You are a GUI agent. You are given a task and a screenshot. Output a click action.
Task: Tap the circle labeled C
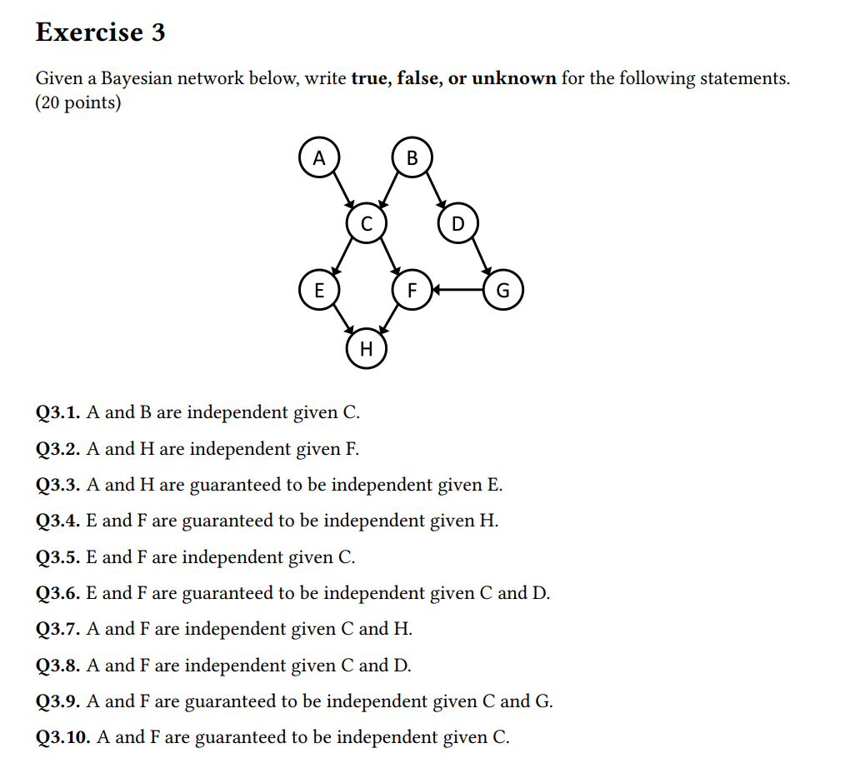point(365,223)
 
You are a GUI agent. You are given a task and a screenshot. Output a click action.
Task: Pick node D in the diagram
point(457,224)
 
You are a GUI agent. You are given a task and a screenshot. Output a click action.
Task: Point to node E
point(318,290)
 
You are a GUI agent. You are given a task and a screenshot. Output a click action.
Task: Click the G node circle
point(502,291)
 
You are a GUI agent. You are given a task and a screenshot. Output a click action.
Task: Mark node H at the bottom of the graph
point(365,347)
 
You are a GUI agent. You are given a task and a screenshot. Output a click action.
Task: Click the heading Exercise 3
point(101,32)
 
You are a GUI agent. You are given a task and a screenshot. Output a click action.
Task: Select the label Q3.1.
point(58,412)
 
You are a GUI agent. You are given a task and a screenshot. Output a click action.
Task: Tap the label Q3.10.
point(63,737)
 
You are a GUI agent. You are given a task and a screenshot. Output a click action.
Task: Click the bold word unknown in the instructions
point(513,79)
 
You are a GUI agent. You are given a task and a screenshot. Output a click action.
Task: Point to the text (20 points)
point(78,104)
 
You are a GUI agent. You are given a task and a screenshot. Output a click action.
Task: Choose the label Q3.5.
point(58,557)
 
